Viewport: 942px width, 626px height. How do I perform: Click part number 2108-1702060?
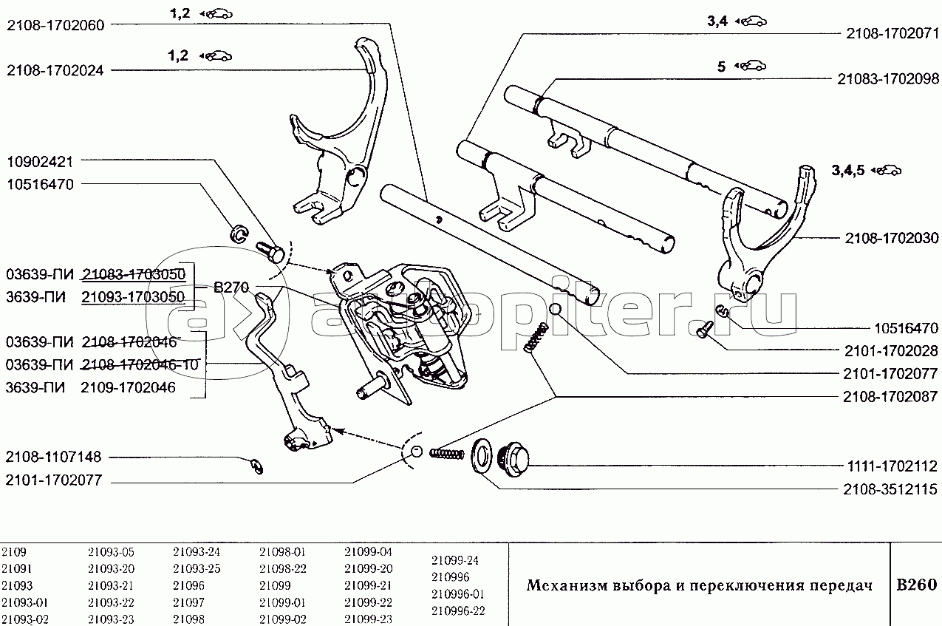[55, 24]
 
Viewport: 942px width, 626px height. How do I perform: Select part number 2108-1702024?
[55, 70]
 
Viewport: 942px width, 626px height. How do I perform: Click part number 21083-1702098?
[887, 79]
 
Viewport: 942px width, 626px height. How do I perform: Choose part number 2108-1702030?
[890, 238]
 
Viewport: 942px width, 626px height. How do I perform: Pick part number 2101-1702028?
[890, 351]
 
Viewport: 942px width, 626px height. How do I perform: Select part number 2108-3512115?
[890, 489]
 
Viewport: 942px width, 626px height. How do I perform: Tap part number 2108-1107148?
[55, 457]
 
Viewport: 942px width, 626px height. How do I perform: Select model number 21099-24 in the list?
[455, 560]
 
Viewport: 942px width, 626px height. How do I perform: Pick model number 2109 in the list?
[14, 551]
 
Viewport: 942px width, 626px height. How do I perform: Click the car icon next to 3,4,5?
[887, 171]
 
